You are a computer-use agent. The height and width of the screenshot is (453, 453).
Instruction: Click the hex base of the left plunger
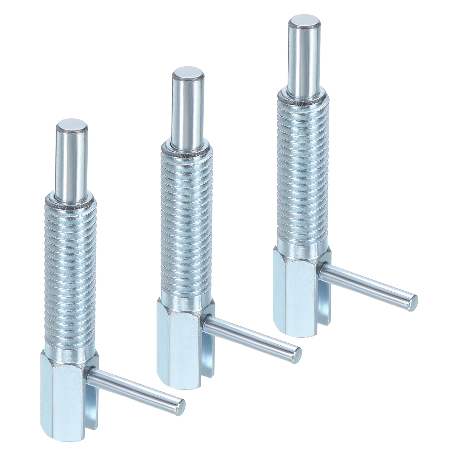tap(68, 396)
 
